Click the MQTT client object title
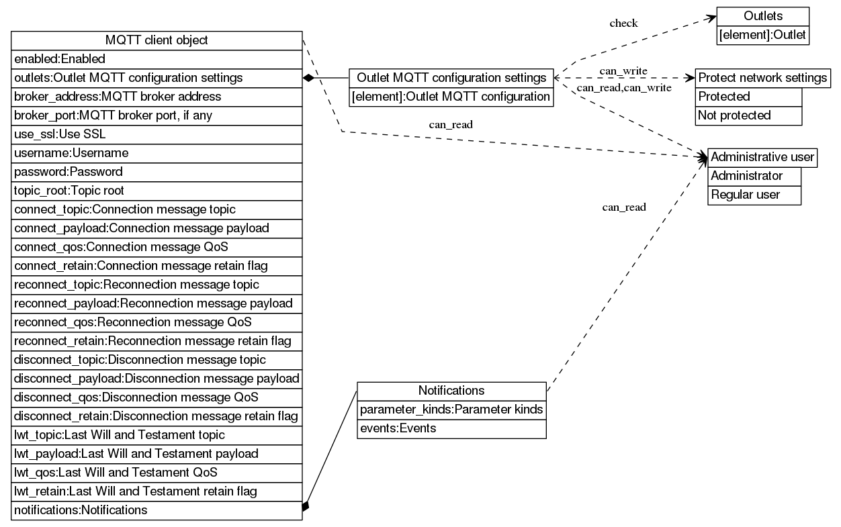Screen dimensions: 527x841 (x=157, y=40)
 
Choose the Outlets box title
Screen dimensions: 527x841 (x=762, y=16)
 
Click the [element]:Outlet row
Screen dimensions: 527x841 (x=762, y=35)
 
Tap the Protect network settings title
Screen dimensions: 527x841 (x=762, y=78)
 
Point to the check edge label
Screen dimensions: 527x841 (x=623, y=23)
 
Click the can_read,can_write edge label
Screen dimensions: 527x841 (x=623, y=88)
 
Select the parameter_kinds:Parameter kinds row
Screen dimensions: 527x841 (x=451, y=410)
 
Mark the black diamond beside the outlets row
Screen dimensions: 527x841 (x=309, y=78)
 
